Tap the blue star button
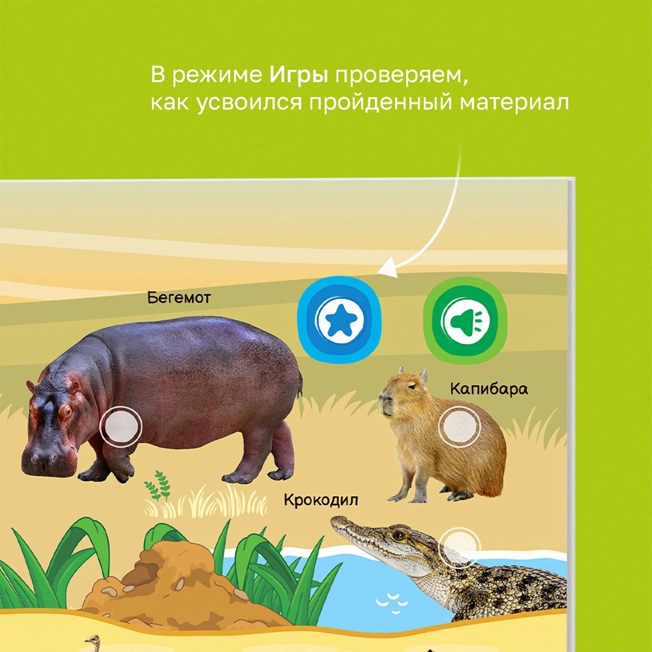pyautogui.click(x=339, y=319)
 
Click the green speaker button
pyautogui.click(x=465, y=320)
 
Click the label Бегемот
pyautogui.click(x=179, y=297)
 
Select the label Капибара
pyautogui.click(x=489, y=389)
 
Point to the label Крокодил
pyautogui.click(x=321, y=500)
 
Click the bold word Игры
pyautogui.click(x=299, y=75)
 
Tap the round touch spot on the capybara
pyautogui.click(x=459, y=427)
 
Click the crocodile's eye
pyautogui.click(x=399, y=535)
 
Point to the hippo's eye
pyautogui.click(x=66, y=411)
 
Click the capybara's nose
pyautogui.click(x=383, y=399)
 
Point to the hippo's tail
pyautogui.click(x=301, y=387)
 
